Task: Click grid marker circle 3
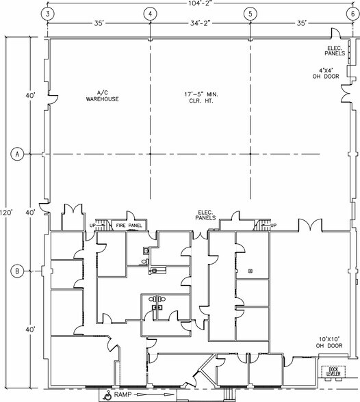(48, 14)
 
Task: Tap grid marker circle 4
(150, 14)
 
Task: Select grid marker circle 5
(250, 14)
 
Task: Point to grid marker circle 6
(353, 14)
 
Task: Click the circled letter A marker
(17, 154)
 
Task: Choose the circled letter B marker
(17, 271)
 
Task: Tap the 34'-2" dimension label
(201, 23)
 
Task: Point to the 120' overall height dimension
(6, 213)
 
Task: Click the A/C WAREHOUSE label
(103, 96)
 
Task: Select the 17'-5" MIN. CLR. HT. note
(201, 97)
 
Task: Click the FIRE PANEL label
(129, 226)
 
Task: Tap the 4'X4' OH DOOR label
(326, 73)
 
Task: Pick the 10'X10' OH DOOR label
(329, 343)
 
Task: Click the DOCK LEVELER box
(333, 372)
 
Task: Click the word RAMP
(123, 394)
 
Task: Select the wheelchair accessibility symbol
(107, 395)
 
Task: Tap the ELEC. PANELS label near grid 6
(335, 51)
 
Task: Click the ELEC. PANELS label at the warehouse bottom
(205, 215)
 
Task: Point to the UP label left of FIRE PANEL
(92, 226)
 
